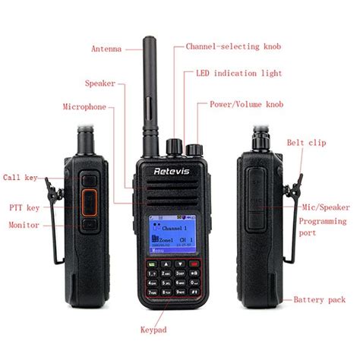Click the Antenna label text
[x=106, y=49]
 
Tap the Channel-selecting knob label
[x=233, y=46]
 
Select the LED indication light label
[x=239, y=73]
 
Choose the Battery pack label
[x=320, y=300]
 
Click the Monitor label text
[x=24, y=225]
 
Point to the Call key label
[x=21, y=177]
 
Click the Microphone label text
[x=84, y=107]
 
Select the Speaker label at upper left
[x=100, y=82]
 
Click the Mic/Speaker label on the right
[x=324, y=206]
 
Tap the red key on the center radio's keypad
[x=197, y=264]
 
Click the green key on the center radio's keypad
[x=154, y=264]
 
